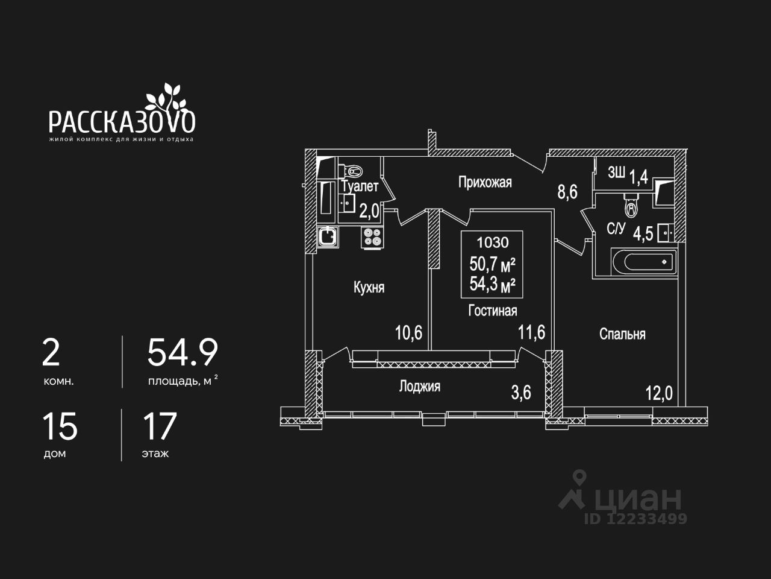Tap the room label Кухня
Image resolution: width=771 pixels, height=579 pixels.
(369, 288)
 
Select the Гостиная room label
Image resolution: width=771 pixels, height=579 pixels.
(493, 311)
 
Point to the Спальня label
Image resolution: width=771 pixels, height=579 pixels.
(622, 334)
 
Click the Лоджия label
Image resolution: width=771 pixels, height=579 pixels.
(419, 387)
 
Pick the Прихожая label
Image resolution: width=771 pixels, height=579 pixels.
(485, 182)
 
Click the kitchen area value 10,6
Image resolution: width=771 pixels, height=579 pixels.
(408, 332)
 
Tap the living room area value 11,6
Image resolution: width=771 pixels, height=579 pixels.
(532, 332)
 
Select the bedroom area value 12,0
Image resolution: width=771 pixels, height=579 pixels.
(658, 394)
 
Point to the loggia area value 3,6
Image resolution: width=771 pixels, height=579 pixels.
(521, 393)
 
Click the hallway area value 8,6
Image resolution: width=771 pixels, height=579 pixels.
(567, 192)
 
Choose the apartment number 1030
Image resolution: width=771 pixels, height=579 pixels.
(493, 242)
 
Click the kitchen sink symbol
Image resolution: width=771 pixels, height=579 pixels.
(328, 236)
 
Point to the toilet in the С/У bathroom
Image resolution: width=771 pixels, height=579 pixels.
(631, 206)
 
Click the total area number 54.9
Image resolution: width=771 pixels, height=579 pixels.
(183, 353)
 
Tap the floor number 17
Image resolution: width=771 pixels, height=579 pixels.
(160, 426)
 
